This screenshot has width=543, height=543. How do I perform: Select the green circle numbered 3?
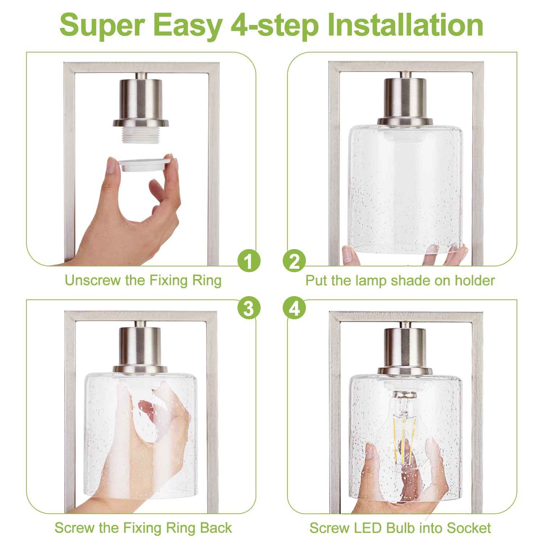click(249, 308)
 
